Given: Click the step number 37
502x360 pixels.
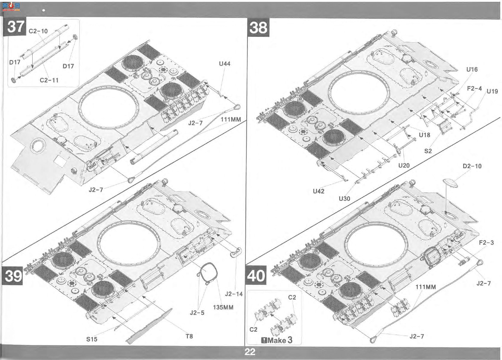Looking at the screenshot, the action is pos(16,27).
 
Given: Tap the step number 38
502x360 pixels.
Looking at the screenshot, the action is pos(258,28).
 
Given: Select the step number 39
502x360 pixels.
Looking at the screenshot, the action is pos(13,276).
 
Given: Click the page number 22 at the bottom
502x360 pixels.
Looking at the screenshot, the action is pos(250,352).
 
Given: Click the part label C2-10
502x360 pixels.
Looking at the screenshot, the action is pos(38,31).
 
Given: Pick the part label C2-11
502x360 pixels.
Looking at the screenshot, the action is pos(49,80).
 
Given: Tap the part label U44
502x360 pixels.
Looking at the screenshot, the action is pos(225,64).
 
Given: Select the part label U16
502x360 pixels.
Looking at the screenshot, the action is pos(472,70).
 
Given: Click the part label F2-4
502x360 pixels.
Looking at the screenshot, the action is pos(474,88).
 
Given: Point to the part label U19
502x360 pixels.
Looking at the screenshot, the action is pos(492,91).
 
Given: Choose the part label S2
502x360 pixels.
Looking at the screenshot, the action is pos(428,151).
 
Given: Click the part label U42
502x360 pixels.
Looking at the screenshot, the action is pos(318,191).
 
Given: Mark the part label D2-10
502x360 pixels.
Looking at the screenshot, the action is pos(472,166).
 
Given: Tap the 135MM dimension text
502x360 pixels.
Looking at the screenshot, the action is pos(223,307).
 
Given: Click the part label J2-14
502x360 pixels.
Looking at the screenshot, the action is pos(234,294).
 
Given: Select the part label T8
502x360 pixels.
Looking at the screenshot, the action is pos(189,336).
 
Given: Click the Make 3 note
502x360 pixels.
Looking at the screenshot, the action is pos(277,340).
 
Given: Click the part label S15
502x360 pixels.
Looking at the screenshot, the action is pos(92,339).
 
